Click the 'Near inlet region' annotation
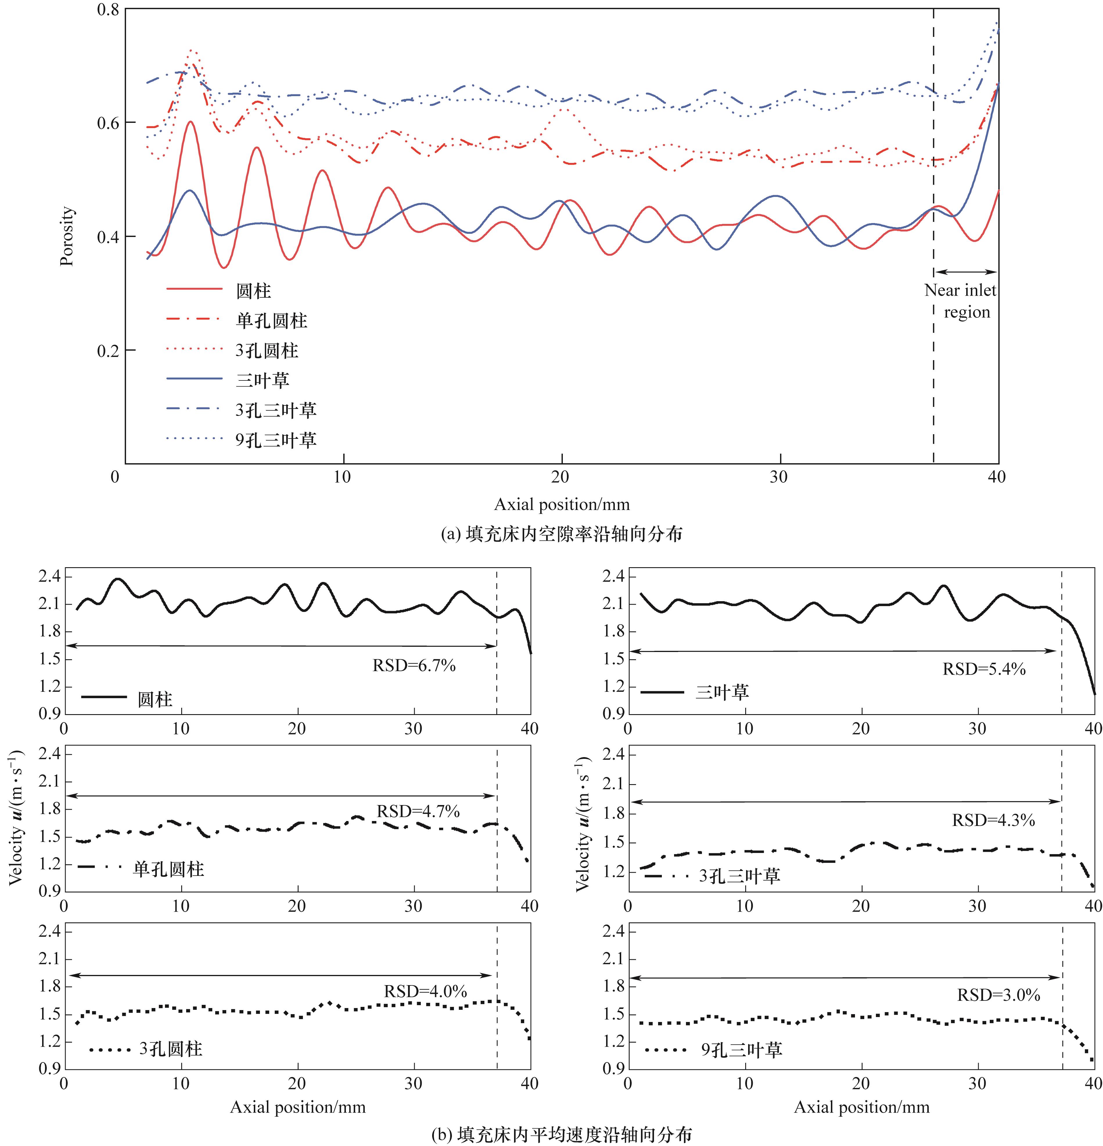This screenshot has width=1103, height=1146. click(960, 301)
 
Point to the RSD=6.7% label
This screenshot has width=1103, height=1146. click(414, 665)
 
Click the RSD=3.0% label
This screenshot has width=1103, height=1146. click(998, 995)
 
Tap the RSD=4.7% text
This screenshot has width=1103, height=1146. click(418, 811)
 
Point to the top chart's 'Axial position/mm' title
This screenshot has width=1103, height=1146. click(561, 504)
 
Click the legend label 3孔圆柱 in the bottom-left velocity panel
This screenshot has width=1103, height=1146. click(171, 1048)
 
